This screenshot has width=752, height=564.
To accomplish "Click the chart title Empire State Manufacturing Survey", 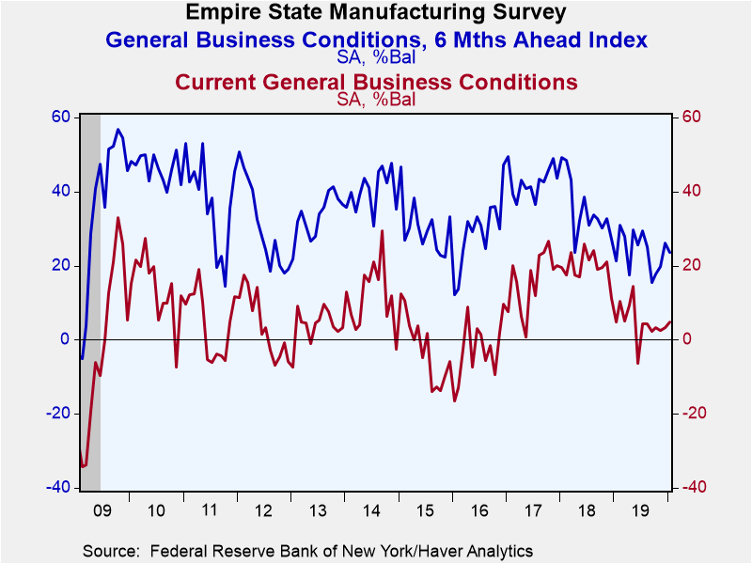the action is [376, 12].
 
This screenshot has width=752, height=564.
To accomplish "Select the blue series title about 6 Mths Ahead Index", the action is [377, 39].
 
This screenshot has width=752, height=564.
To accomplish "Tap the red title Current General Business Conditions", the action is [377, 82].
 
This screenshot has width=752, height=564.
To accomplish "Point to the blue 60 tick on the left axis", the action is [60, 117].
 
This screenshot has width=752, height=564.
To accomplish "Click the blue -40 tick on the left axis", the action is [57, 487].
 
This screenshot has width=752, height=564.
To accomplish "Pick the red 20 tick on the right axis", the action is [691, 265].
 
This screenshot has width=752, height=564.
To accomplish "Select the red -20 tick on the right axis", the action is [694, 413].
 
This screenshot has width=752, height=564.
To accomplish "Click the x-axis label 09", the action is [102, 510].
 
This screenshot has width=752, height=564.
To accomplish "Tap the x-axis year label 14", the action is [371, 510].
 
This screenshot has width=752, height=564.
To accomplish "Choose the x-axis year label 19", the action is [640, 510].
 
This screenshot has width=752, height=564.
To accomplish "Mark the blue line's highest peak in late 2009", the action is [118, 129].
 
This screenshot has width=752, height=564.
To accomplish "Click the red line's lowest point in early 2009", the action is [83, 466].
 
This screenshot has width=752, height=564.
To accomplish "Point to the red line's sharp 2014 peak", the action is [383, 230].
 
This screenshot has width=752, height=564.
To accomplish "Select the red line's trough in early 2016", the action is [454, 401].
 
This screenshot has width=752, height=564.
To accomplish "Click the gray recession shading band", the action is [90, 302].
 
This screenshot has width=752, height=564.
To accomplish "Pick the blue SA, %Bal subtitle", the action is [376, 58].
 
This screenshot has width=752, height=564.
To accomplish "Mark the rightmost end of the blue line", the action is [670, 252].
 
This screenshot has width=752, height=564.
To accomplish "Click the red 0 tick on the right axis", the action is [686, 339].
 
